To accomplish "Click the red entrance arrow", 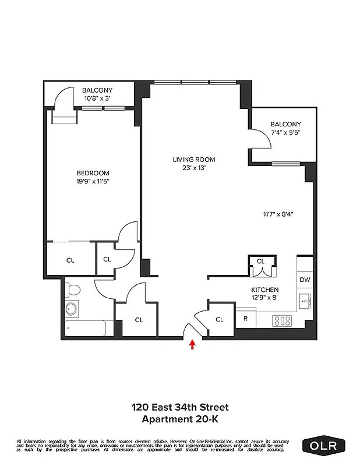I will (192, 345).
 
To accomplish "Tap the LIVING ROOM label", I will (194, 160).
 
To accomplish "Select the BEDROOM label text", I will (93, 173).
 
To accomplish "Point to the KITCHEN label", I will (264, 290).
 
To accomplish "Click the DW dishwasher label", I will (305, 280).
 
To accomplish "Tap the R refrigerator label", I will (245, 319).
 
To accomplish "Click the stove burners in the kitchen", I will (283, 319).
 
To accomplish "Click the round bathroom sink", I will (72, 309).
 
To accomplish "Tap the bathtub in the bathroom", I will (85, 329).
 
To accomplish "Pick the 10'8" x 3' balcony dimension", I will (97, 98).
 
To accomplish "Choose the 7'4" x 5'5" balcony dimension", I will (285, 133).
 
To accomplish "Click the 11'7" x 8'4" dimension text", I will (277, 214).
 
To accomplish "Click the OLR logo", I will (323, 446).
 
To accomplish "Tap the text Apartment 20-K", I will (179, 418).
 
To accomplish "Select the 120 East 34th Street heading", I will (179, 407).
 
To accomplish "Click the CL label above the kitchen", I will (260, 262).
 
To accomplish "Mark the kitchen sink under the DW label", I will (305, 301).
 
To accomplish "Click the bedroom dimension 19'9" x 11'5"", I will (93, 181).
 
